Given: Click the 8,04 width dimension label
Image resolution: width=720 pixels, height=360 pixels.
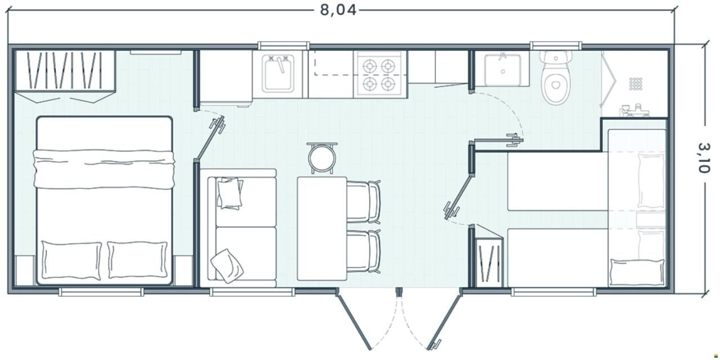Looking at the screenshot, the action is coord(338,10).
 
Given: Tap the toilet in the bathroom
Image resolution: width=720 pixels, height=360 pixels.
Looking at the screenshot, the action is coord(556,78).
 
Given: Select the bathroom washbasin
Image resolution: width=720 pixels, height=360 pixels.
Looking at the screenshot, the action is coord(503,69).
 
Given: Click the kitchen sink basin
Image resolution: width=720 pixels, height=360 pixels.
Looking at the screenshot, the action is coord(278,74).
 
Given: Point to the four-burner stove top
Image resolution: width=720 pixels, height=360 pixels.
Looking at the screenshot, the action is coord(379,75).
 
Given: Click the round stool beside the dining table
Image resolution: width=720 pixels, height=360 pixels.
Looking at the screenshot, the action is coord(322,158).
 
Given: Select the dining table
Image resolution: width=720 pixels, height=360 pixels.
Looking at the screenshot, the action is coord(322,228).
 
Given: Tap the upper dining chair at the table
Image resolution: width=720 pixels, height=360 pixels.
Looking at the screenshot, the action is coord(363,202).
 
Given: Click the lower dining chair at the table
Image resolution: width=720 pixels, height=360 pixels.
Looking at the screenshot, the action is coord(363,251).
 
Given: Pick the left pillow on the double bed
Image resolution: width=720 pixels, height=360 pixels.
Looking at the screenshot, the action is coord(71,260).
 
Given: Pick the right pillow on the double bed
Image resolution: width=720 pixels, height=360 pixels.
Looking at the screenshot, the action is coord(138,260).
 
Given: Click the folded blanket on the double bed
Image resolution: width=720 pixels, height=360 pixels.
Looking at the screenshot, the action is coord(104,169).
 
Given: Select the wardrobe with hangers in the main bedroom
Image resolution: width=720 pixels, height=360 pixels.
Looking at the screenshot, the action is coord(65,76).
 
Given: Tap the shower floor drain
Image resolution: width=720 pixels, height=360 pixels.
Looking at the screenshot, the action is coord(635,84).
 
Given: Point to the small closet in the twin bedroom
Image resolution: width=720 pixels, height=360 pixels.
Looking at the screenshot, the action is coord(488,261).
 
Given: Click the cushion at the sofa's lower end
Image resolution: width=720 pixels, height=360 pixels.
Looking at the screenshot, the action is coord(227,266).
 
